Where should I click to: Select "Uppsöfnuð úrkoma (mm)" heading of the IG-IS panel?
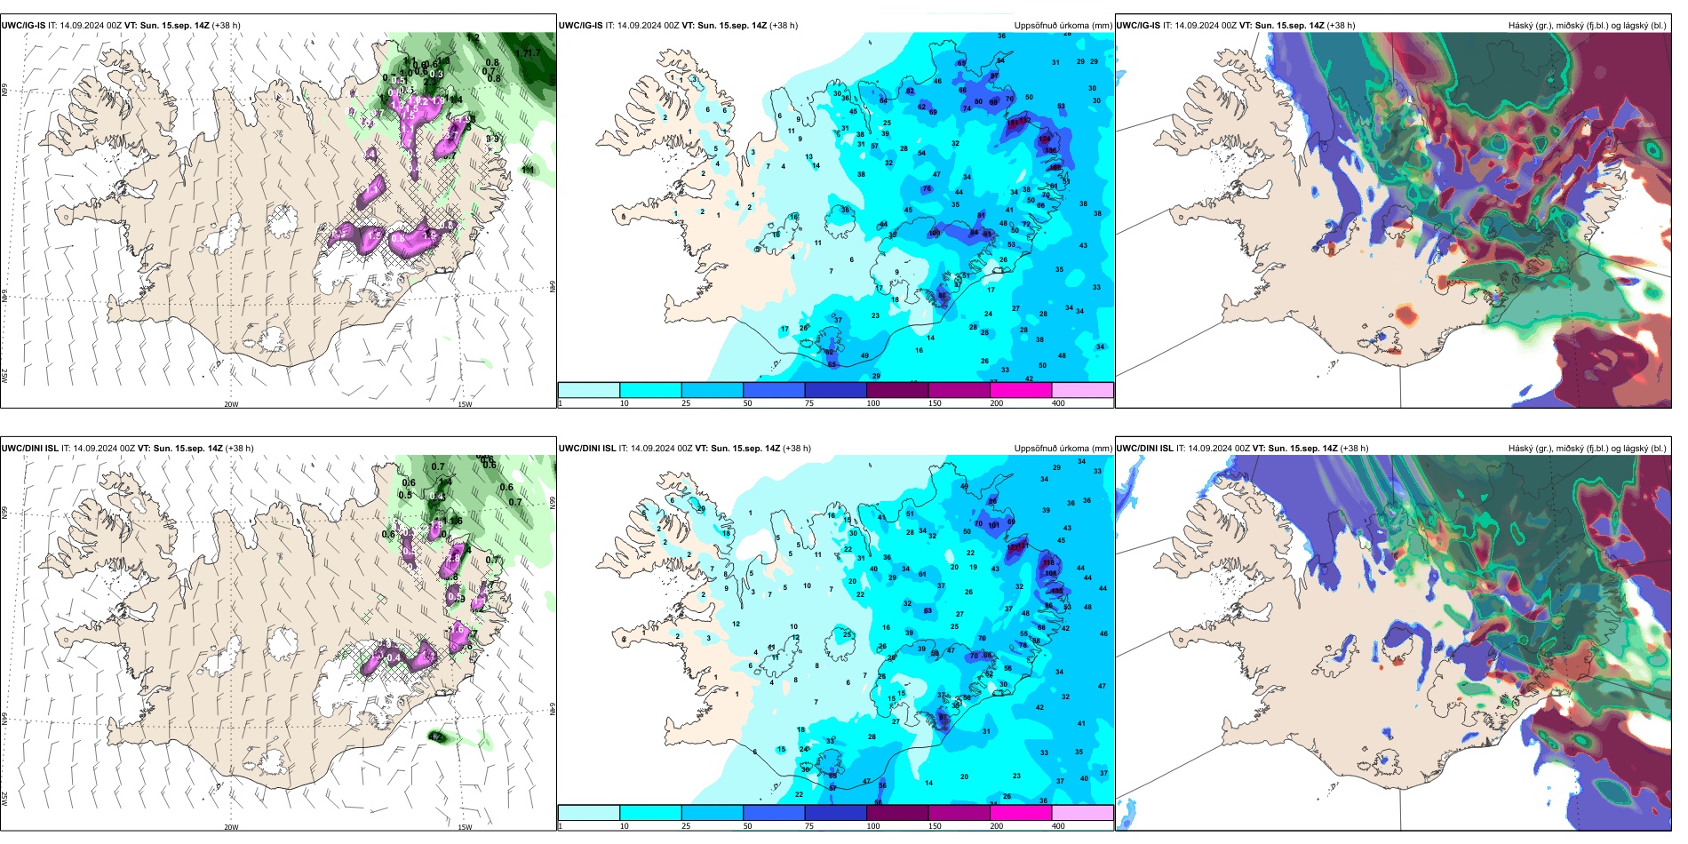tap(1063, 26)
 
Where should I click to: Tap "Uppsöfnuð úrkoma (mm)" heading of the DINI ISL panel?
tap(1063, 449)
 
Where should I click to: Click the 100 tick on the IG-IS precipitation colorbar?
tap(873, 403)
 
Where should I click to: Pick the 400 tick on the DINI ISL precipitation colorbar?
tap(1058, 826)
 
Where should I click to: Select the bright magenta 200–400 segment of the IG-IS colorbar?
tap(1021, 390)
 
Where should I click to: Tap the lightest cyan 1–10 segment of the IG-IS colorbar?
tap(589, 390)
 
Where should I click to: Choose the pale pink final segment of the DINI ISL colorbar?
tap(1082, 813)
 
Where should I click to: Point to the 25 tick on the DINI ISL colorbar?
tap(686, 826)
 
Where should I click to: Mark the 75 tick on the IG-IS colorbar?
tap(809, 403)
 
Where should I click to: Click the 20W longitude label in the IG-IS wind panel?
tap(231, 404)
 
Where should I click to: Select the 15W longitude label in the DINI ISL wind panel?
tap(465, 827)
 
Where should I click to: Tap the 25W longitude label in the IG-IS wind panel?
tap(4, 376)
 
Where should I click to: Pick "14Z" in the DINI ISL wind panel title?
tap(214, 449)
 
